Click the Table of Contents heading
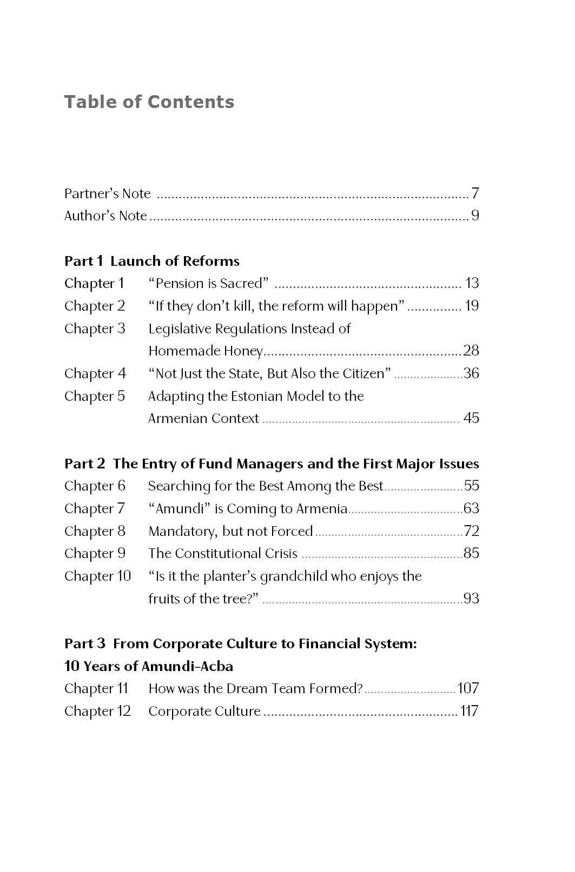[x=149, y=102]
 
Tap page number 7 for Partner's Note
[x=475, y=193]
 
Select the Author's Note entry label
[x=105, y=216]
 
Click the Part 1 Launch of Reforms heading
[x=151, y=261]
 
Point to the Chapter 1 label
[x=94, y=283]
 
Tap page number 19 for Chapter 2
[x=472, y=306]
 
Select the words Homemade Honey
[x=206, y=351]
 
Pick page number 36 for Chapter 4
[x=471, y=373]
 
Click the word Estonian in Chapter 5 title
[x=257, y=396]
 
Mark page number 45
[x=471, y=418]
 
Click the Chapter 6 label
[x=95, y=486]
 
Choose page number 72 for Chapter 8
[x=471, y=531]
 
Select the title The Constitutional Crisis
[x=223, y=553]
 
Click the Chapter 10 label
[x=97, y=576]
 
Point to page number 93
[x=471, y=599]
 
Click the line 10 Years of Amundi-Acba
[x=149, y=666]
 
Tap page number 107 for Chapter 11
[x=468, y=688]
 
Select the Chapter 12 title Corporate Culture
[x=204, y=711]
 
